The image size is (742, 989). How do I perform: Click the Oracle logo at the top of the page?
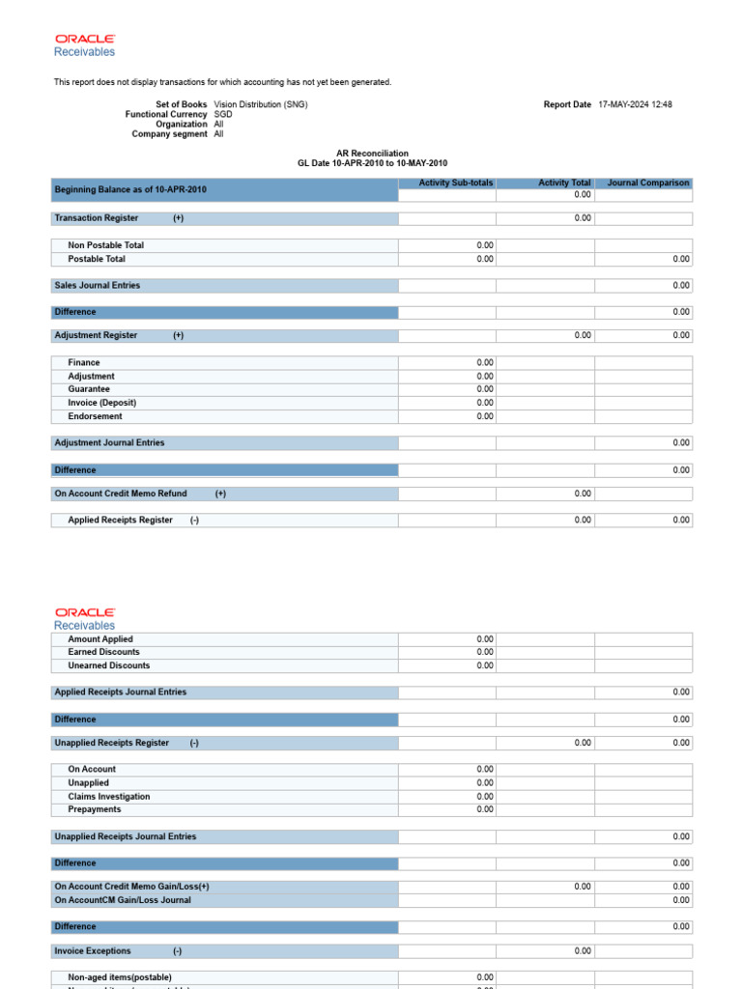coord(85,39)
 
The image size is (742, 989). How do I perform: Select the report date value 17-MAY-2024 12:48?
coord(635,104)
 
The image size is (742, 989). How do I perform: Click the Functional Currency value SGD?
coord(223,114)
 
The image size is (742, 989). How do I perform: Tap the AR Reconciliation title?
coord(372,154)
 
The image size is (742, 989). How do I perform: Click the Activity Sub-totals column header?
coord(455,183)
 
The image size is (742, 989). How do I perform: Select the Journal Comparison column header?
coord(648,183)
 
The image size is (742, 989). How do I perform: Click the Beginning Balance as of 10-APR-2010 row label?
coord(130,189)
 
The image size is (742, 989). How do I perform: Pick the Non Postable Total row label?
coord(105,245)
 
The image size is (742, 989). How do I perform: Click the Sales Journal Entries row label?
coord(97,285)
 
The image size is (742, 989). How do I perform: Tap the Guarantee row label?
coord(89,389)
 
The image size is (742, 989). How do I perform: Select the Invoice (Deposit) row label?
coord(101,403)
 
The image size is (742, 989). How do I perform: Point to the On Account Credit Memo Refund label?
coord(121,494)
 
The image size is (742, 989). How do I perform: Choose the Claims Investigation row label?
coord(108,797)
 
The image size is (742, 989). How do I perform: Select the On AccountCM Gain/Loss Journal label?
coord(123,900)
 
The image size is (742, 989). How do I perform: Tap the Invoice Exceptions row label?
coord(93,951)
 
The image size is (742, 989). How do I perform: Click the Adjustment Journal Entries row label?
coord(109,442)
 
